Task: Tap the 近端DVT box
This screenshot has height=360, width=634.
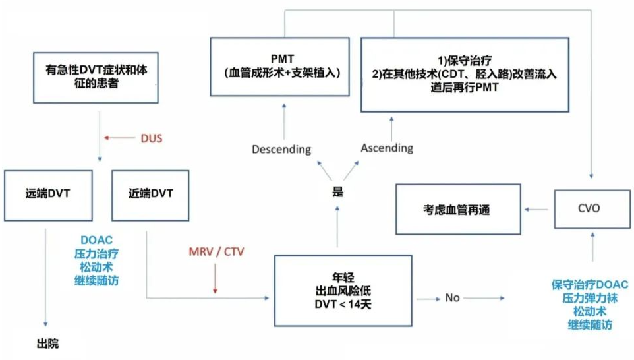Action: [151, 195]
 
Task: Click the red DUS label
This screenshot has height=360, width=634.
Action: [151, 138]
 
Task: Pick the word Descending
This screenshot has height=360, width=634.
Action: [281, 149]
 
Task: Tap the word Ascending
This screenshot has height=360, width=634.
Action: [387, 148]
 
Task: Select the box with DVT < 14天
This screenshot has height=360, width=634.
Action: [338, 291]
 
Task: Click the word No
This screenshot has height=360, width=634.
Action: [452, 297]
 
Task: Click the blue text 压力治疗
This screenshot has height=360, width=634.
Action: [98, 252]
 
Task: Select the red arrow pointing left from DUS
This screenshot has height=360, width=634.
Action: [119, 138]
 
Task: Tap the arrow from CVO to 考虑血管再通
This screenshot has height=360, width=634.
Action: [538, 209]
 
